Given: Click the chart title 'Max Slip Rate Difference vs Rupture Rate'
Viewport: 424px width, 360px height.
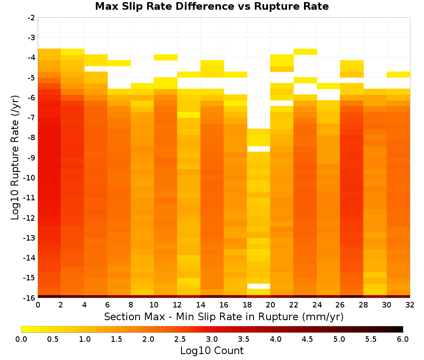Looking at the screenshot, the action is click(212, 6).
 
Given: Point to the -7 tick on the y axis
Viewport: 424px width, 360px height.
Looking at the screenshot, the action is click(31, 118).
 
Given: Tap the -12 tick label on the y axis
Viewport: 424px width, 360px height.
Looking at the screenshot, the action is click(30, 218).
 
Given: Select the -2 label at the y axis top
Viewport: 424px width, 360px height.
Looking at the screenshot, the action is click(31, 18).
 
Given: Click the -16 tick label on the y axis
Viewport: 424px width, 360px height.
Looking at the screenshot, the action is click(30, 298).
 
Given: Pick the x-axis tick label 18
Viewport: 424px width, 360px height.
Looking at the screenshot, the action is click(247, 305).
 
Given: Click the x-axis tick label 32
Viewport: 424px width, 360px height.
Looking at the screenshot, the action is click(410, 305).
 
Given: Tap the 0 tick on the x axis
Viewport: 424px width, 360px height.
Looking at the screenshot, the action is click(38, 305).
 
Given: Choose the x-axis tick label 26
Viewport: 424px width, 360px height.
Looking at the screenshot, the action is click(340, 305).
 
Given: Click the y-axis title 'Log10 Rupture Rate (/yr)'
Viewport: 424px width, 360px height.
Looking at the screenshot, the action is click(15, 158).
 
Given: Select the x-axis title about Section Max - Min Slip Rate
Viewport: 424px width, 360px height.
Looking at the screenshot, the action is click(224, 316).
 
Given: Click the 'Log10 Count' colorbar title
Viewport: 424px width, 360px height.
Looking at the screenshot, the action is click(212, 351).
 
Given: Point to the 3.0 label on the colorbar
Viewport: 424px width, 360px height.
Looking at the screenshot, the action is click(212, 339).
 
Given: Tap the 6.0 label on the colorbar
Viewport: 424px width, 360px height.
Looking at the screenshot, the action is click(403, 339).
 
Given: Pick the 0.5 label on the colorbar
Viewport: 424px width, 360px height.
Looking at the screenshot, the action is click(53, 339).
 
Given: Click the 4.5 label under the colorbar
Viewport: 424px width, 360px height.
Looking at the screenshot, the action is click(307, 339).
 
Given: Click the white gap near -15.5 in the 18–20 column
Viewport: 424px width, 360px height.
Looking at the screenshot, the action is click(259, 286).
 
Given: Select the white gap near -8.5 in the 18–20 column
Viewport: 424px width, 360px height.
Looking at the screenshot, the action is click(259, 149).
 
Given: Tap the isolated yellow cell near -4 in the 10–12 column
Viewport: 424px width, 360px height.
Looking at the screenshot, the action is click(166, 57).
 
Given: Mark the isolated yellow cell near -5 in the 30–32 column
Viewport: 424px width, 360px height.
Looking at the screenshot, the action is click(398, 75).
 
